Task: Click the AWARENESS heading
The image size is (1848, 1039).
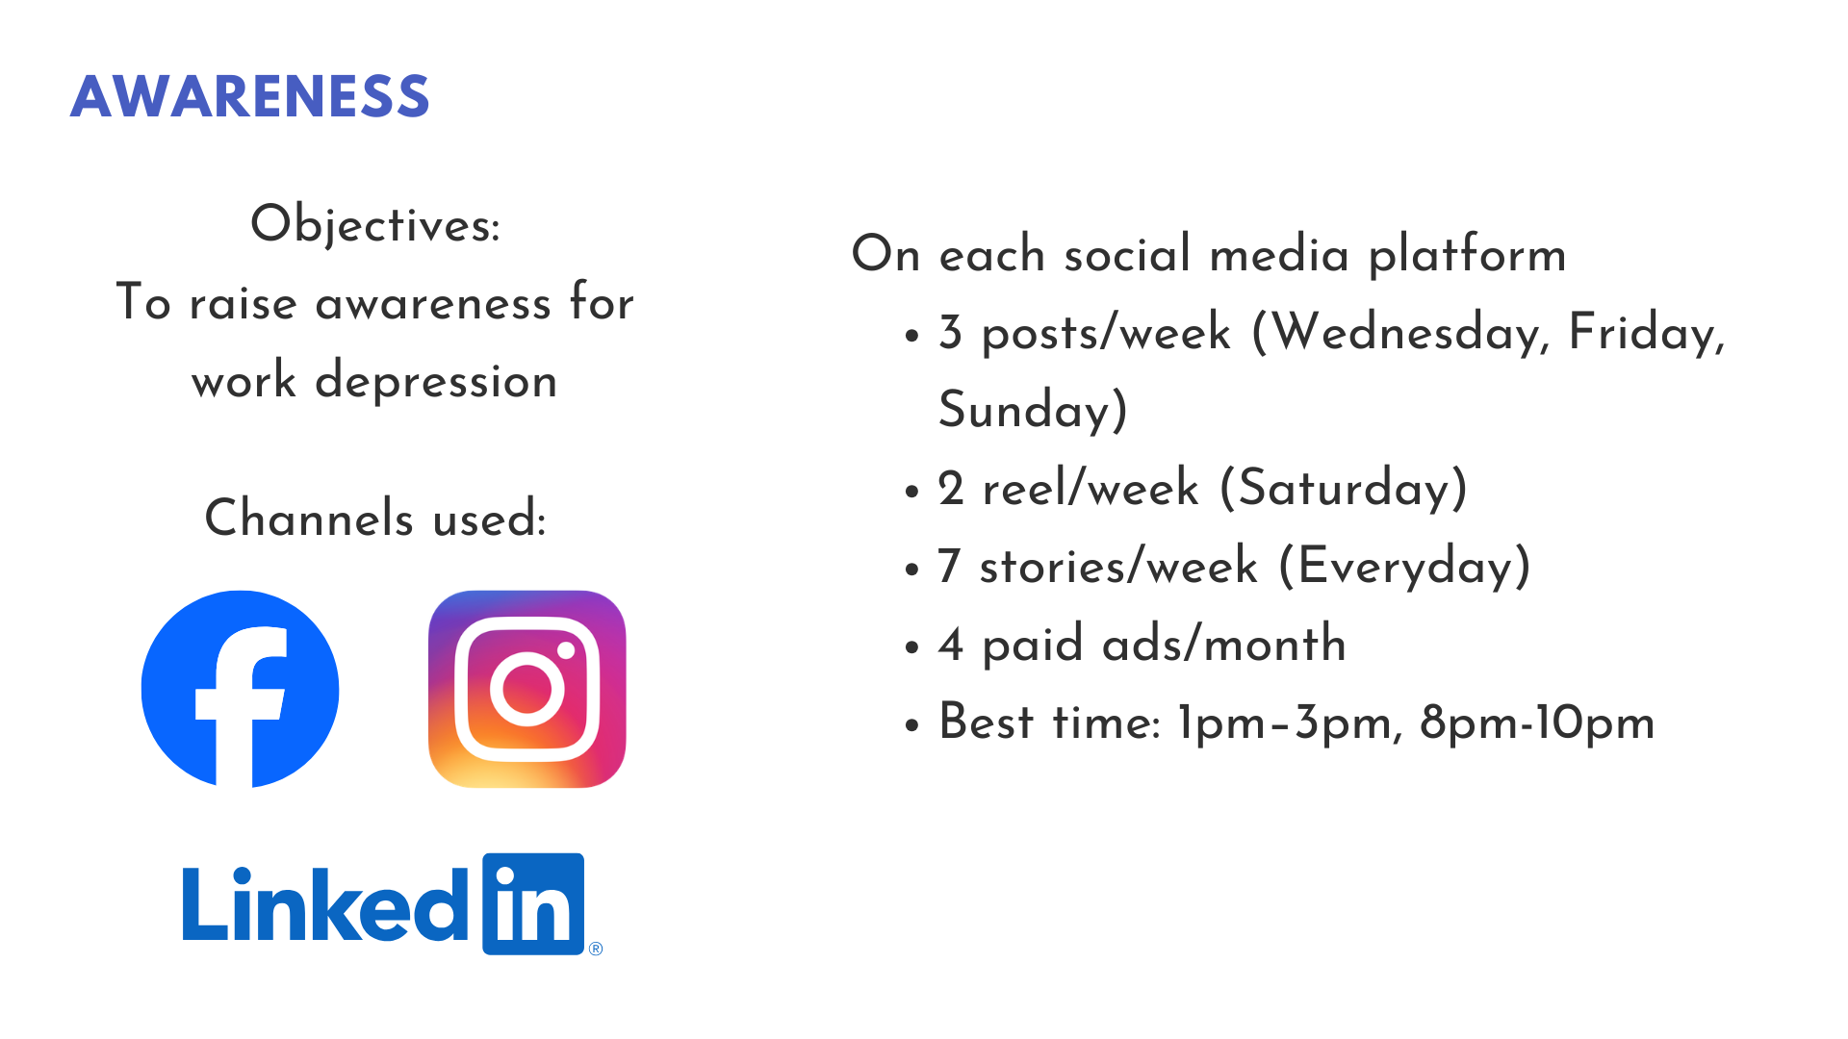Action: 249,96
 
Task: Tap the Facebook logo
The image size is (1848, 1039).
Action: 240,689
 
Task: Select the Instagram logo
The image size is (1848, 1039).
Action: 527,689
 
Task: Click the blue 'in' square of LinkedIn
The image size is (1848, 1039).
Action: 533,904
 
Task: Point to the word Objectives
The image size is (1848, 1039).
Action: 375,224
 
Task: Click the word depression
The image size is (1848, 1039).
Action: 436,381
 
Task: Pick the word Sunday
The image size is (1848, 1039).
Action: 1025,411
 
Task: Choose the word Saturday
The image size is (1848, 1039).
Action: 1344,488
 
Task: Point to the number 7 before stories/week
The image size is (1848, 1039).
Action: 949,566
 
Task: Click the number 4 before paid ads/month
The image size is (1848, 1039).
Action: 951,645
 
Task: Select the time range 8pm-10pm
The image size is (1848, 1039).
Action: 1537,723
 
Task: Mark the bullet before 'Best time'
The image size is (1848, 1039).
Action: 912,725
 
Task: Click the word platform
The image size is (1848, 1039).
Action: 1468,256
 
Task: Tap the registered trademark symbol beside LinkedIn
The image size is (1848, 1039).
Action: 596,949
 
